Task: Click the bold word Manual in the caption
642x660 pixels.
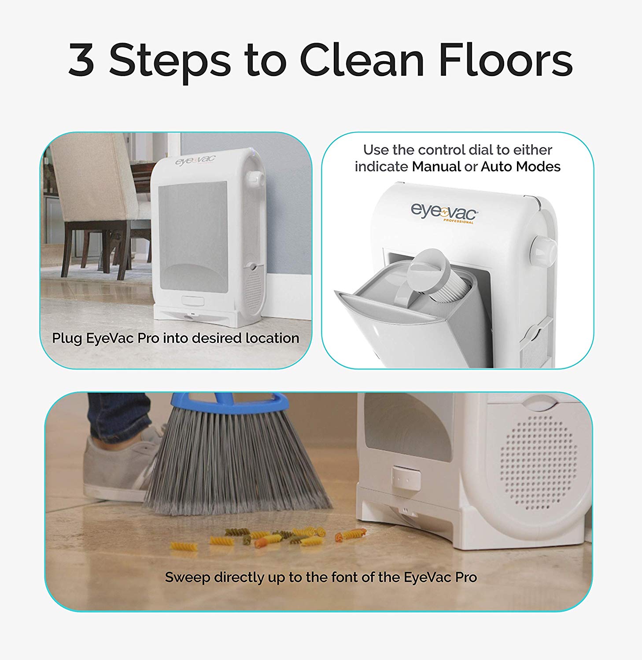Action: (436, 167)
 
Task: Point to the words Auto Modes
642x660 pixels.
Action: (520, 167)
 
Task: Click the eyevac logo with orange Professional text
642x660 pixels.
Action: (444, 213)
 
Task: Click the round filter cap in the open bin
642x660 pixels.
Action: (428, 269)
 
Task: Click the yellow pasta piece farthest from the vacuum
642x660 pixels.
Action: (184, 546)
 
